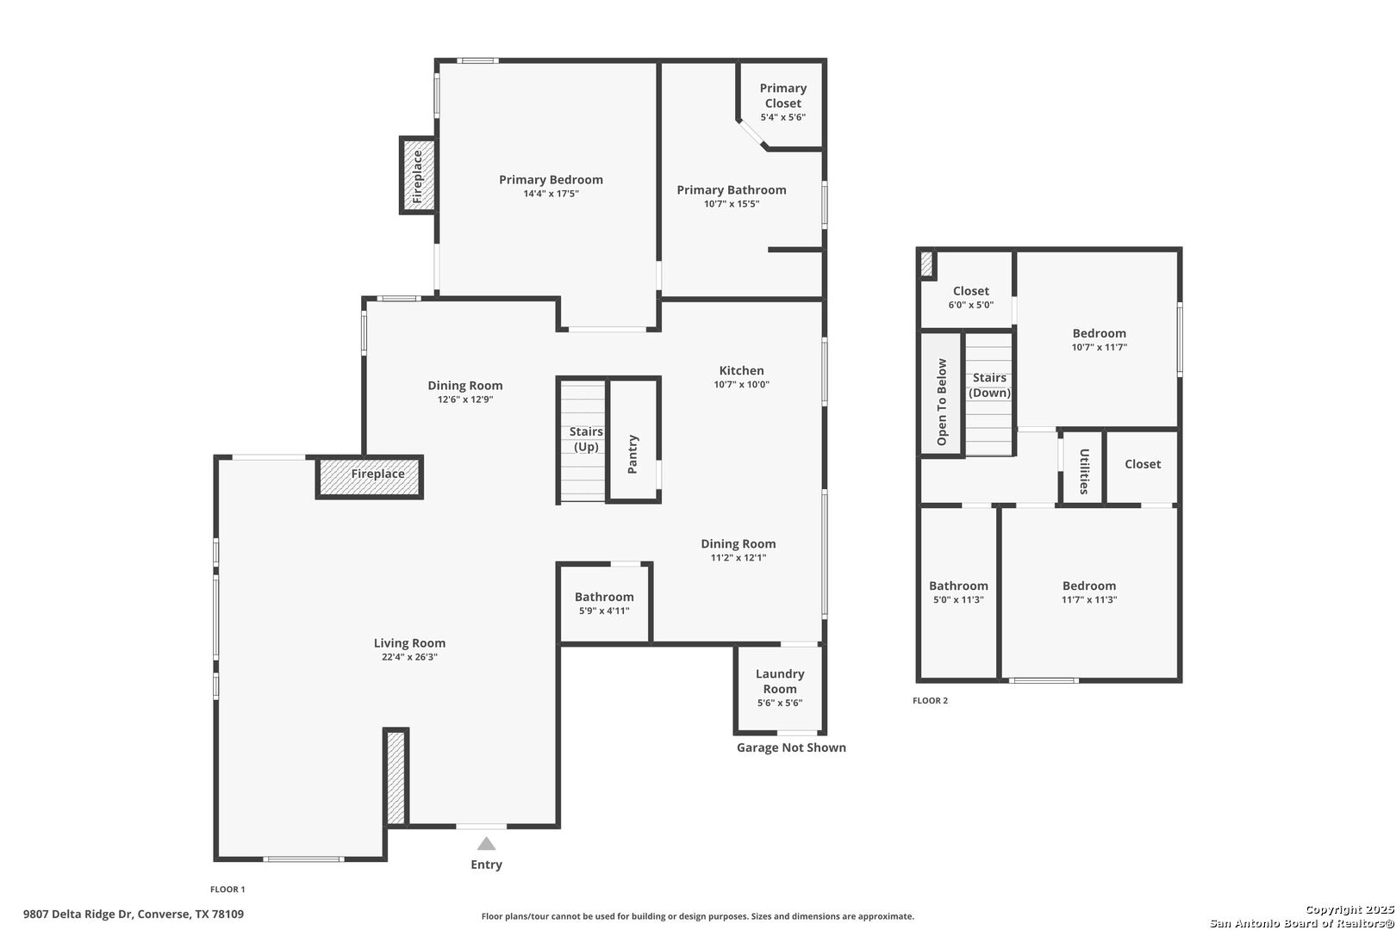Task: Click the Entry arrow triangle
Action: point(486,844)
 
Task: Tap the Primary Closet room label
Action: point(782,96)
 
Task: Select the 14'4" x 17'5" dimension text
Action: point(551,194)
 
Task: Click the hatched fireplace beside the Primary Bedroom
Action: point(418,176)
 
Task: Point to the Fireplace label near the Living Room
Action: point(377,474)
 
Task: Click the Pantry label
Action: point(633,454)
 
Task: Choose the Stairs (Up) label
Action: point(586,439)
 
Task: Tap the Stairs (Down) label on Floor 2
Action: point(989,385)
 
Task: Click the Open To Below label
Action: point(942,402)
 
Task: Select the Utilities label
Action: point(1084,472)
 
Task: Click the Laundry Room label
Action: point(780,681)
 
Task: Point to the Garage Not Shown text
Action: point(791,747)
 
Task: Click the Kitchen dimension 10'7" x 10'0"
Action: point(742,385)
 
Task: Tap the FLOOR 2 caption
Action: point(930,701)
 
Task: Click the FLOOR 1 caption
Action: point(227,890)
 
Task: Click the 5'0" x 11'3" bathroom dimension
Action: point(958,600)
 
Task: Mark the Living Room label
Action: point(409,643)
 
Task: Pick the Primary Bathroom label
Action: point(732,190)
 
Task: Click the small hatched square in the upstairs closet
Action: point(926,264)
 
